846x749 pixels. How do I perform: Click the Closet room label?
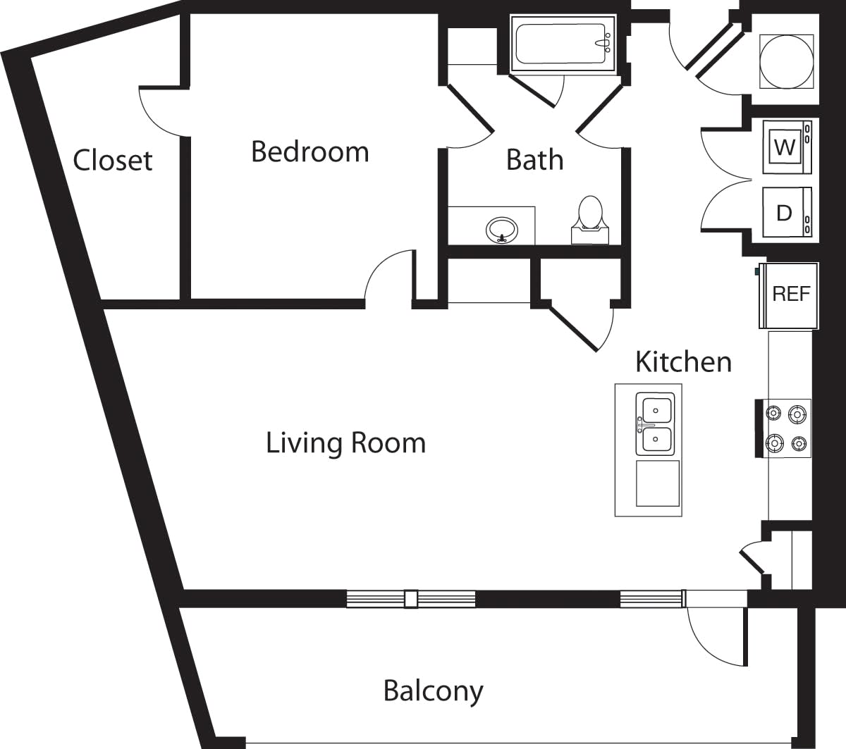coord(113,160)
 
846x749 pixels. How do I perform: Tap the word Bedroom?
coord(309,151)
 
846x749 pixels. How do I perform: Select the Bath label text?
coord(534,160)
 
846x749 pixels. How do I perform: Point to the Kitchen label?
coord(683,361)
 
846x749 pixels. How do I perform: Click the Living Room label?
coord(345,443)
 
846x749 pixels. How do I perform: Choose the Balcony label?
coord(433,691)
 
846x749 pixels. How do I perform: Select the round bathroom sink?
coord(502,229)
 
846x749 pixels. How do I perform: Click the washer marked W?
coord(785,147)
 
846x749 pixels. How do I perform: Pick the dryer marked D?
coord(785,212)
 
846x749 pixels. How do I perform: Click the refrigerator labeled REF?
coord(790,295)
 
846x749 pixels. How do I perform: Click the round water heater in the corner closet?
coord(785,61)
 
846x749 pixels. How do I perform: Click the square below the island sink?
coord(658,483)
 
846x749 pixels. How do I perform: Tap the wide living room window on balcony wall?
coord(410,599)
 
